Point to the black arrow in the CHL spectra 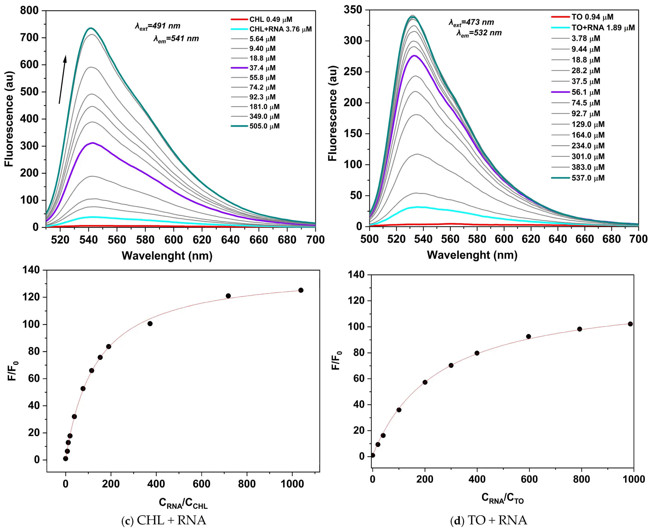coord(62,80)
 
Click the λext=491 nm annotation coord(158,26)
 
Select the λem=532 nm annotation coord(479,33)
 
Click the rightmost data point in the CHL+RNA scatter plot coord(301,290)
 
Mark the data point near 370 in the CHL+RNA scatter coord(150,324)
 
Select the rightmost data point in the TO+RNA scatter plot coord(630,324)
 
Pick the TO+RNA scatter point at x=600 coord(528,336)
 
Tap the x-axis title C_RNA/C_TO coord(502,498)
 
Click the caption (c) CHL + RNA coord(164,521)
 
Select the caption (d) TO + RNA coord(489,521)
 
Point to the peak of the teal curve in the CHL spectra coord(91,28)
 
